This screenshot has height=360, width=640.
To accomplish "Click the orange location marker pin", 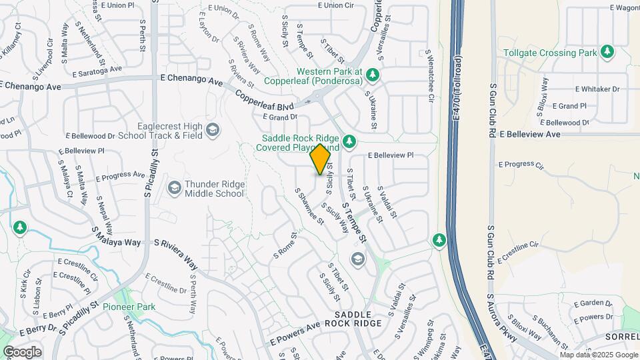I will click(321, 159).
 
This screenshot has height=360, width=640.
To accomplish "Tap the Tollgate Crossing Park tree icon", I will click(606, 52).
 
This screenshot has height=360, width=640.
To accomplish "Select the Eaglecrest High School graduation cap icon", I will click(213, 129).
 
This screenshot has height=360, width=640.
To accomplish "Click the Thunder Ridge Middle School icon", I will click(174, 188).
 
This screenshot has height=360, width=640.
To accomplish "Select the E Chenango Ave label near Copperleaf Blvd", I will click(191, 79).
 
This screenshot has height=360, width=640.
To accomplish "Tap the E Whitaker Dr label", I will click(597, 89).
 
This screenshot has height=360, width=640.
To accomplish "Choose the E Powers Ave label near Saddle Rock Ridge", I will click(295, 333).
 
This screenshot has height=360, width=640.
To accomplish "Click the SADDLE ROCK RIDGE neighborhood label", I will click(358, 319).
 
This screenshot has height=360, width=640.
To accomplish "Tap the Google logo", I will click(22, 351).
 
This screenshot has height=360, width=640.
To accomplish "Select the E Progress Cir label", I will click(521, 164).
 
